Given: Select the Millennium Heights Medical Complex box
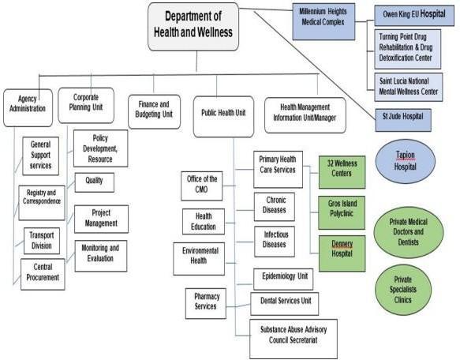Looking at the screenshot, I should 321,17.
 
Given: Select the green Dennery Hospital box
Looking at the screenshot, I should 342,251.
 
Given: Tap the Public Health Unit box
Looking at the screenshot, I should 224,111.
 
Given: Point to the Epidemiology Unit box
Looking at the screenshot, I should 282,276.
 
